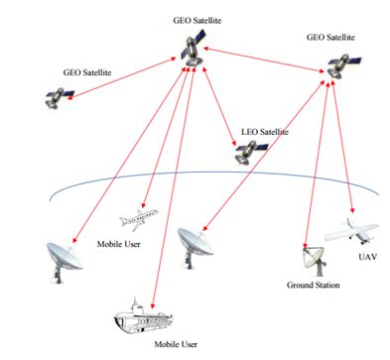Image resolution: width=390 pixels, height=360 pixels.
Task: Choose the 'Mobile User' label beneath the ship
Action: [x=159, y=346]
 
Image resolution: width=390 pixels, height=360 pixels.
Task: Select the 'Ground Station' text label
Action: [x=314, y=286]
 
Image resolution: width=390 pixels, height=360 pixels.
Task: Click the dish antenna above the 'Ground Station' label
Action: [x=310, y=260]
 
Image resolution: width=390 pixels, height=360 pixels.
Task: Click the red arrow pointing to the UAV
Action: [x=347, y=149]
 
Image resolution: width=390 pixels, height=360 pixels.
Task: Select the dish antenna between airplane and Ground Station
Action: [x=193, y=243]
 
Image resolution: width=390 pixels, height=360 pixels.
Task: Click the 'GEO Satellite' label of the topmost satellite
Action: [x=193, y=20]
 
